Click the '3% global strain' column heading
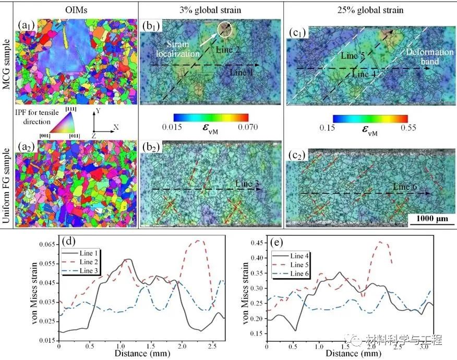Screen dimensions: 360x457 211,10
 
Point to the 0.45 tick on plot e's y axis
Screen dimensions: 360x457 256,243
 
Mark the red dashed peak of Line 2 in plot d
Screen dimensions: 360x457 198,241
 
